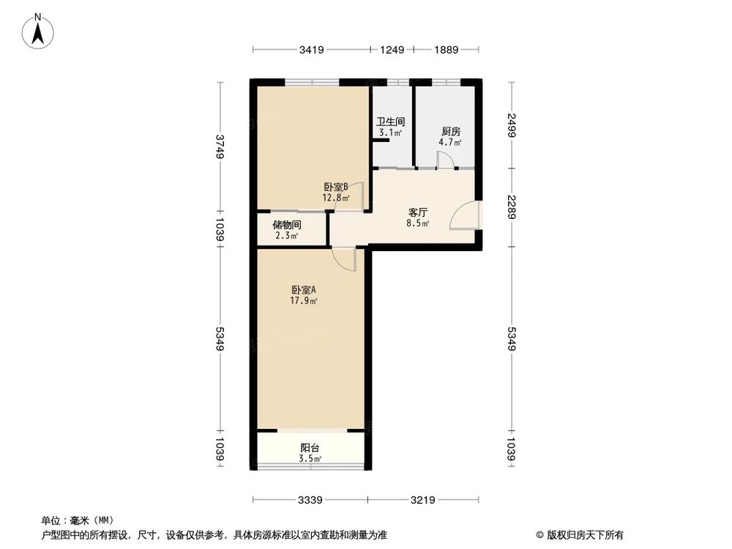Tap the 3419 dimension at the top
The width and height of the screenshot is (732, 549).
coord(311,50)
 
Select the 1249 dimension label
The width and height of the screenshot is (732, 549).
coord(392,50)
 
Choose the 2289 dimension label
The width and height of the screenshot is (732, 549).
coord(512,210)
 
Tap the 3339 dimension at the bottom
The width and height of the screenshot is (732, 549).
coord(311,501)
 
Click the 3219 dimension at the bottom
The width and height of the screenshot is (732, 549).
coord(422,501)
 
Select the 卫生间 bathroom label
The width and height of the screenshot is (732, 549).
coord(391,122)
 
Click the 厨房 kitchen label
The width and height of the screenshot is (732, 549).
coord(450,132)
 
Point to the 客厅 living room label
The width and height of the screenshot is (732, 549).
coord(418,213)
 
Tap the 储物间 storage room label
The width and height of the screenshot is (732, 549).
coord(286,225)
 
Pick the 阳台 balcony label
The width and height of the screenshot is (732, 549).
coord(310,448)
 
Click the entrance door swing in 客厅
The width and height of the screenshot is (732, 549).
coord(467,214)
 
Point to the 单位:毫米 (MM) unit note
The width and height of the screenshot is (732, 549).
coord(77,520)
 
